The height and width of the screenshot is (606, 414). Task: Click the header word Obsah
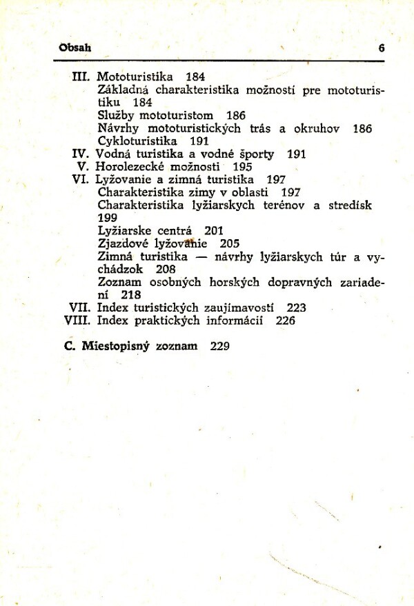click(76, 49)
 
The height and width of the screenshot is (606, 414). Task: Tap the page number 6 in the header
click(381, 49)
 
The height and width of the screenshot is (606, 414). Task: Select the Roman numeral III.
click(82, 76)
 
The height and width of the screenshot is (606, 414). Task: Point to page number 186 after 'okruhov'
click(362, 128)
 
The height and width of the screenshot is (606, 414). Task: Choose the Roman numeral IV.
click(82, 154)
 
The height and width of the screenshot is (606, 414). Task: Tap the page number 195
click(242, 166)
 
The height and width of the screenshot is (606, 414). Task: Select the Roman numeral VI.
click(81, 179)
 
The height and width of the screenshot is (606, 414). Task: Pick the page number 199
click(108, 218)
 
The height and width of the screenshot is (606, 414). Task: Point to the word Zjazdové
click(121, 243)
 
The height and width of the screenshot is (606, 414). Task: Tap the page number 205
click(230, 243)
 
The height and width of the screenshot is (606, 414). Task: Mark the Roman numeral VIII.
click(77, 321)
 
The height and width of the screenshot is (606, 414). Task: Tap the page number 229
click(219, 346)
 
